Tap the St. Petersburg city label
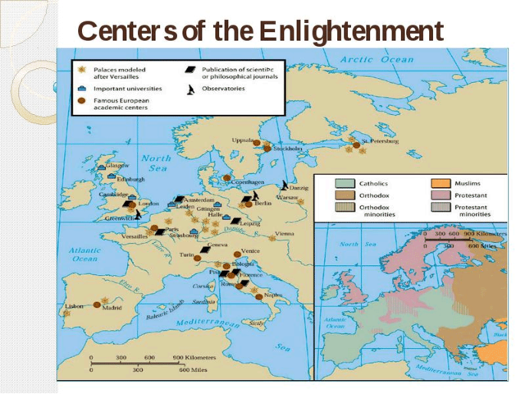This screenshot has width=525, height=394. (381, 141)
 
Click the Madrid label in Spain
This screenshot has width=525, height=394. (112, 308)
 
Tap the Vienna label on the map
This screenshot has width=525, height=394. (285, 233)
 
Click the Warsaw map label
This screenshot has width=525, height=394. (287, 198)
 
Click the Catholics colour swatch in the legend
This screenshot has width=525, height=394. (345, 183)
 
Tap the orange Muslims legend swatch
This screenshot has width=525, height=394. (441, 183)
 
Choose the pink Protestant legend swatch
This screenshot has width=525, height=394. (441, 196)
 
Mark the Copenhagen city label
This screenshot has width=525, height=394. (247, 181)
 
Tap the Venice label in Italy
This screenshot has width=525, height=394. (251, 251)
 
